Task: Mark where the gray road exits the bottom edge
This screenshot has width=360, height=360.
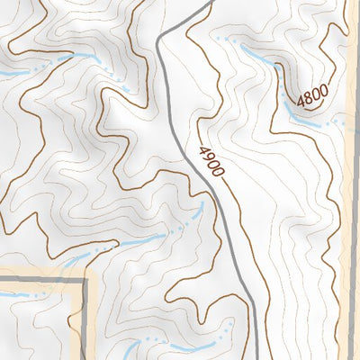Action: pyautogui.click(x=255, y=357)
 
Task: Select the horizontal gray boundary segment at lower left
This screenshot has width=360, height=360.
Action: pyautogui.click(x=40, y=280)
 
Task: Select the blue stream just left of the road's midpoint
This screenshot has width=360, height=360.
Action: pyautogui.click(x=153, y=238)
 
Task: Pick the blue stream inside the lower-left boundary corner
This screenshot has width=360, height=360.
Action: pyautogui.click(x=18, y=294)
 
